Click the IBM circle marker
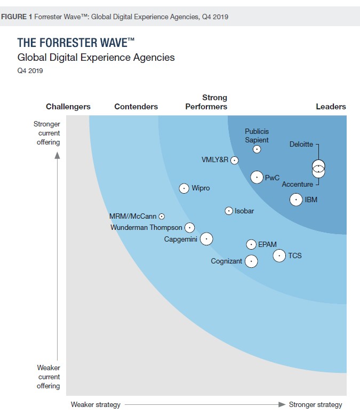[296, 200]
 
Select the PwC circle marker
[257, 177]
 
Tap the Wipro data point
[184, 188]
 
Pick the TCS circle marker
[279, 256]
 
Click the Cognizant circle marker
[251, 261]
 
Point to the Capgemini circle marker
[206, 239]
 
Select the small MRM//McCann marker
[162, 216]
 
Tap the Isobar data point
[229, 211]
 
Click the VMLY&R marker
[234, 160]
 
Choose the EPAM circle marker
[251, 244]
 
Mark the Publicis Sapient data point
[257, 149]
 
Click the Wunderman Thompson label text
[146, 228]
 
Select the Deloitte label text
[301, 144]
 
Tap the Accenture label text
[297, 185]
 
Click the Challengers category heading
[68, 107]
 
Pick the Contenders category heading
[136, 107]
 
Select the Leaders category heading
[331, 107]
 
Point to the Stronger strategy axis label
[315, 404]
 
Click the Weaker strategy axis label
[95, 404]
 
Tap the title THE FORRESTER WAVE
[76, 43]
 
